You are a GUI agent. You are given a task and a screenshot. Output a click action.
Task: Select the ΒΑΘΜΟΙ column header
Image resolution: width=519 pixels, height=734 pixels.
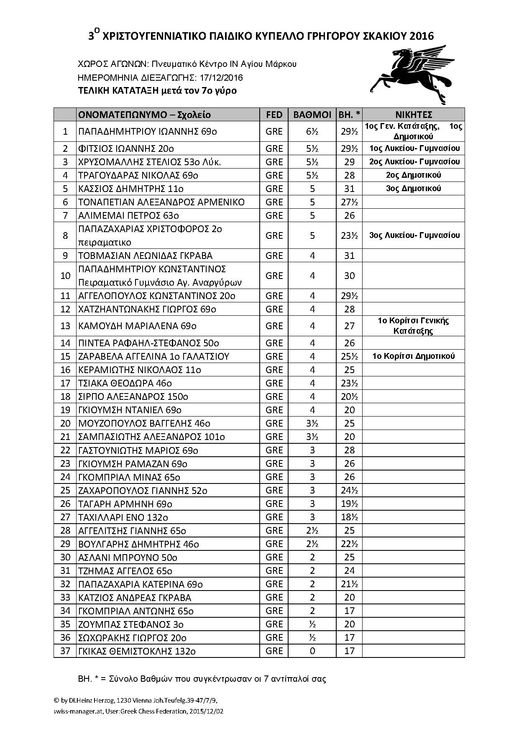[312, 115]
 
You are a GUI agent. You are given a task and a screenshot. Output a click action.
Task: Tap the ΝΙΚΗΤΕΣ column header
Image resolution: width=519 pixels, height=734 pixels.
[413, 115]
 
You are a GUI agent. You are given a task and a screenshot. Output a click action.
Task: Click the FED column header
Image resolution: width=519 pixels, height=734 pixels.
[274, 115]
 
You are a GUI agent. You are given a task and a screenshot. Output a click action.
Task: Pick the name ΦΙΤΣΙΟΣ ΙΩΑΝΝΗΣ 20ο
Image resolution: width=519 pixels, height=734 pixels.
[126, 148]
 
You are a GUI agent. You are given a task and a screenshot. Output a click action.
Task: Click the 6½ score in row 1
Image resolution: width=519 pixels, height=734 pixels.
[312, 131]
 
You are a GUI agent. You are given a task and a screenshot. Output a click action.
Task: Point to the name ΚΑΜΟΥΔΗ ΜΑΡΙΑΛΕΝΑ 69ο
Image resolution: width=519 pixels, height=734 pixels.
[137, 326]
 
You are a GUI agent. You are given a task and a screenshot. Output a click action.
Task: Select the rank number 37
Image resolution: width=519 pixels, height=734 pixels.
[65, 651]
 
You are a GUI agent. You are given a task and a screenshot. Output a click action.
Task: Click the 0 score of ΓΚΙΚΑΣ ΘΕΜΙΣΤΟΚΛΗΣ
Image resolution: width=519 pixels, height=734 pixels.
[312, 651]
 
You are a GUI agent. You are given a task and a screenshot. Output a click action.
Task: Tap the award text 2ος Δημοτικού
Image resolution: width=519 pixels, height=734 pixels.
[413, 175]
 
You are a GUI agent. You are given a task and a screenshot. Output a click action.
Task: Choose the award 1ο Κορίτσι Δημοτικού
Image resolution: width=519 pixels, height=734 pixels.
[413, 356]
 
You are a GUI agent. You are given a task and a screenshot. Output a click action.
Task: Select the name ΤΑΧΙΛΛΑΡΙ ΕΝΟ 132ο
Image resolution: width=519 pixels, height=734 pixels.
[123, 517]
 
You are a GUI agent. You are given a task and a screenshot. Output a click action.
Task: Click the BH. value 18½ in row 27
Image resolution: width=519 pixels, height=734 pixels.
[349, 517]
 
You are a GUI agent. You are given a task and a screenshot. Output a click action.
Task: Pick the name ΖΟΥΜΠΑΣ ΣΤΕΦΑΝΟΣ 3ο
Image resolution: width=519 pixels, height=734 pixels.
[131, 624]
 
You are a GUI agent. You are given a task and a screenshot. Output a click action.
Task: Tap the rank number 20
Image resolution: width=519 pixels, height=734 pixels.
[65, 423]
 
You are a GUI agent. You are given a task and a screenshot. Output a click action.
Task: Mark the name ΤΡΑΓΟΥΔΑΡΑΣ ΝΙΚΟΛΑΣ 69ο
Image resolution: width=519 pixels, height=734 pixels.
[138, 175]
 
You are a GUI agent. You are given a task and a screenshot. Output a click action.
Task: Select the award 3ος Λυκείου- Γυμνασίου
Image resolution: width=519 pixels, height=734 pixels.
[414, 235]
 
